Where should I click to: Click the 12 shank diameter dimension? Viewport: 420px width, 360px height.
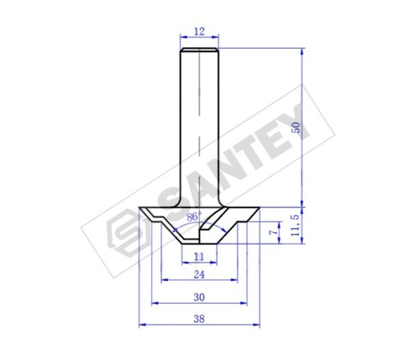click(x=199, y=31)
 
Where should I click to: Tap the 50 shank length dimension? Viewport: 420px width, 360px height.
click(x=296, y=128)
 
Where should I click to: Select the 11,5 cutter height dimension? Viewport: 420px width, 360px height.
click(x=296, y=225)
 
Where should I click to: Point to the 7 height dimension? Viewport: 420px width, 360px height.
click(x=275, y=232)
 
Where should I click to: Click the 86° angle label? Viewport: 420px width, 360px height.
click(x=194, y=217)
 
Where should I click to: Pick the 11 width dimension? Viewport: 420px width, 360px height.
click(x=199, y=256)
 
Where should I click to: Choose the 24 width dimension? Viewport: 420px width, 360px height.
click(x=199, y=274)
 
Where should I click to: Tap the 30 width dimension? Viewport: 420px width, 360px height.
click(x=199, y=297)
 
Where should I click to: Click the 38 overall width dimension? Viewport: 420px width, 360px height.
click(x=199, y=319)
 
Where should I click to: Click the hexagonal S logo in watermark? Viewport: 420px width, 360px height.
click(x=126, y=232)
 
